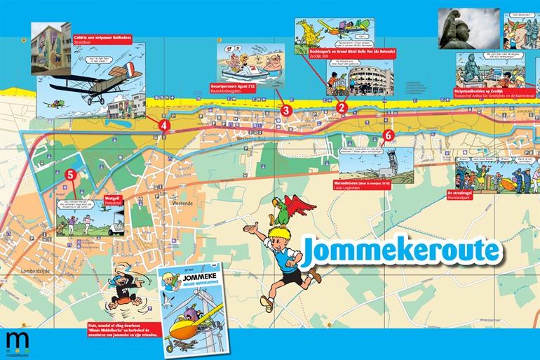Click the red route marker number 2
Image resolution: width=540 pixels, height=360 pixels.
point(342,107)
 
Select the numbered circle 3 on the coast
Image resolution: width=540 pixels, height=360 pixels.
point(285,109)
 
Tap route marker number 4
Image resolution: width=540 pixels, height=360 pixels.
point(163,126)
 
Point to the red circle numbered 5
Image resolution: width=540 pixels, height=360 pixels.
point(69,174)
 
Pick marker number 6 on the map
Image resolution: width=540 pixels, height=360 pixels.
point(389,135)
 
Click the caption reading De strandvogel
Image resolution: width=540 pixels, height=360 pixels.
point(466,193)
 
